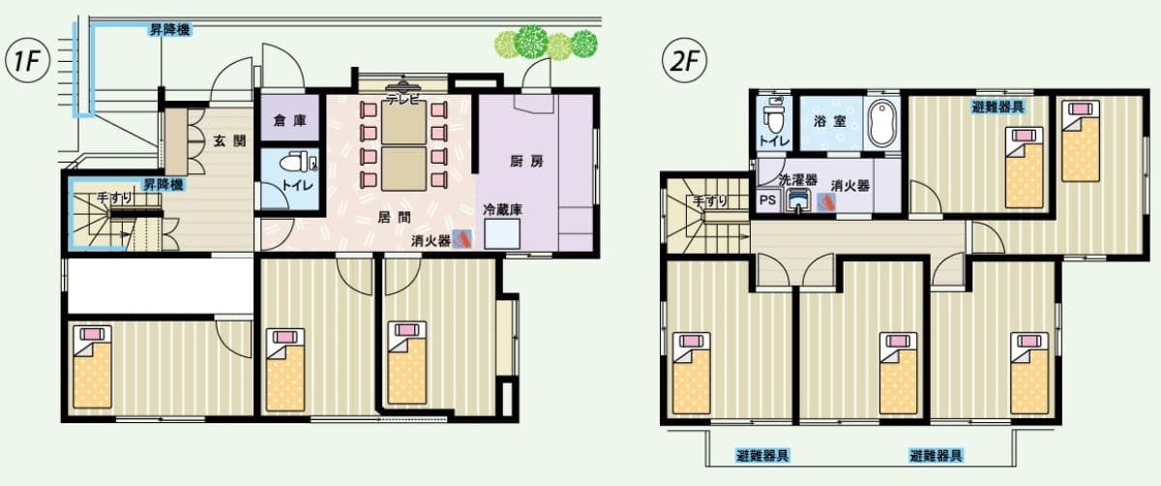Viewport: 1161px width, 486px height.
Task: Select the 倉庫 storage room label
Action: pos(287,121)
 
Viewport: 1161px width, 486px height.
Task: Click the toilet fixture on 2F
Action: pos(774,118)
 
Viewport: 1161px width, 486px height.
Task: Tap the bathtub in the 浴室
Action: pos(882,122)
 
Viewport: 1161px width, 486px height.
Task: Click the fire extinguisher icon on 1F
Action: pos(463,239)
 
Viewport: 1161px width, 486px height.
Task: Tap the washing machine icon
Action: pos(798,200)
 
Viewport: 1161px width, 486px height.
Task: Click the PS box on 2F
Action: pos(767,201)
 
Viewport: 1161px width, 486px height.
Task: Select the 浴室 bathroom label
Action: pos(825,123)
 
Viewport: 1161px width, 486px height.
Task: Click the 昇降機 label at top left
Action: pos(168,31)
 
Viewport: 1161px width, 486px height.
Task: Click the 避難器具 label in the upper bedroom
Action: pos(998,106)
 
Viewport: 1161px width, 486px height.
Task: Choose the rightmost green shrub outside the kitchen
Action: pos(583,43)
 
